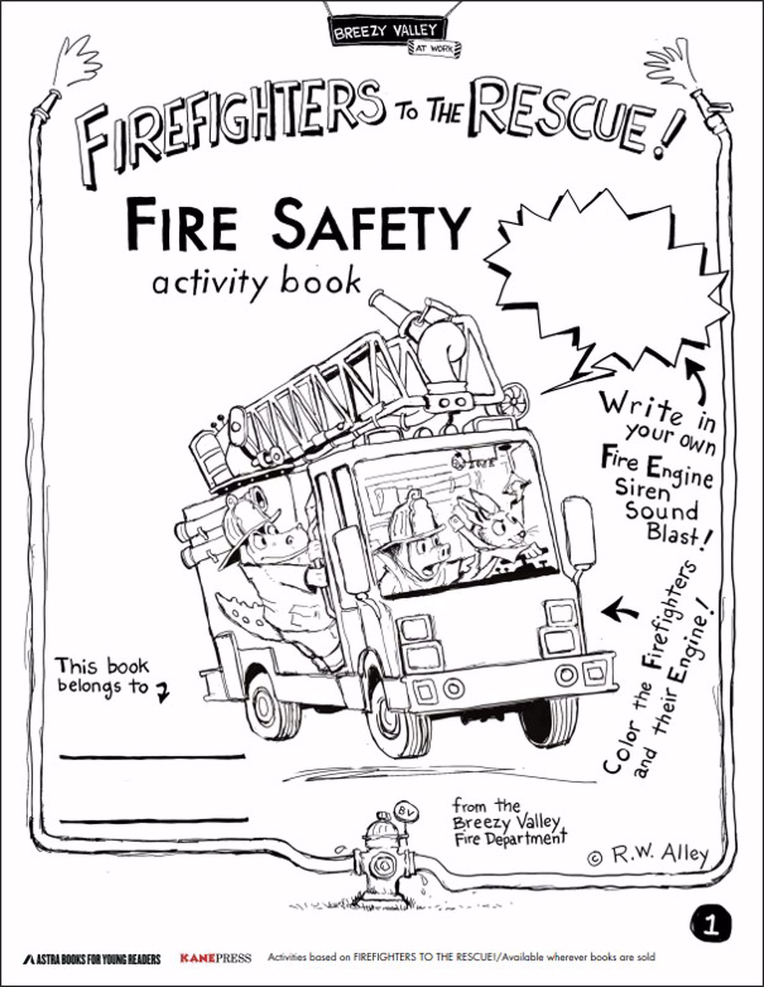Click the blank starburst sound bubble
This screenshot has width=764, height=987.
606,280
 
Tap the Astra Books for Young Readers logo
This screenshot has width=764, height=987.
92,958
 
